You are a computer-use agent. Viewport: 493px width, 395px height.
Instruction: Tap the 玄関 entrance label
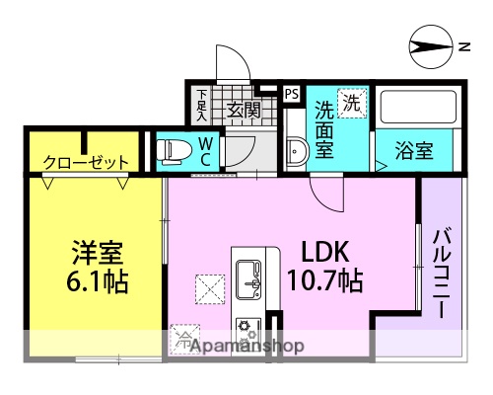(242, 109)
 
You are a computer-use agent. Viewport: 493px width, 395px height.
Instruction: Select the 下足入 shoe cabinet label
(202, 103)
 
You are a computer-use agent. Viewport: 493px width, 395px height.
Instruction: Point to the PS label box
(291, 94)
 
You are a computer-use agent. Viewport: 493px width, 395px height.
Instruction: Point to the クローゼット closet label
(86, 161)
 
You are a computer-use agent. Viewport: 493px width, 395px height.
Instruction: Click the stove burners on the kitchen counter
(248, 325)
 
